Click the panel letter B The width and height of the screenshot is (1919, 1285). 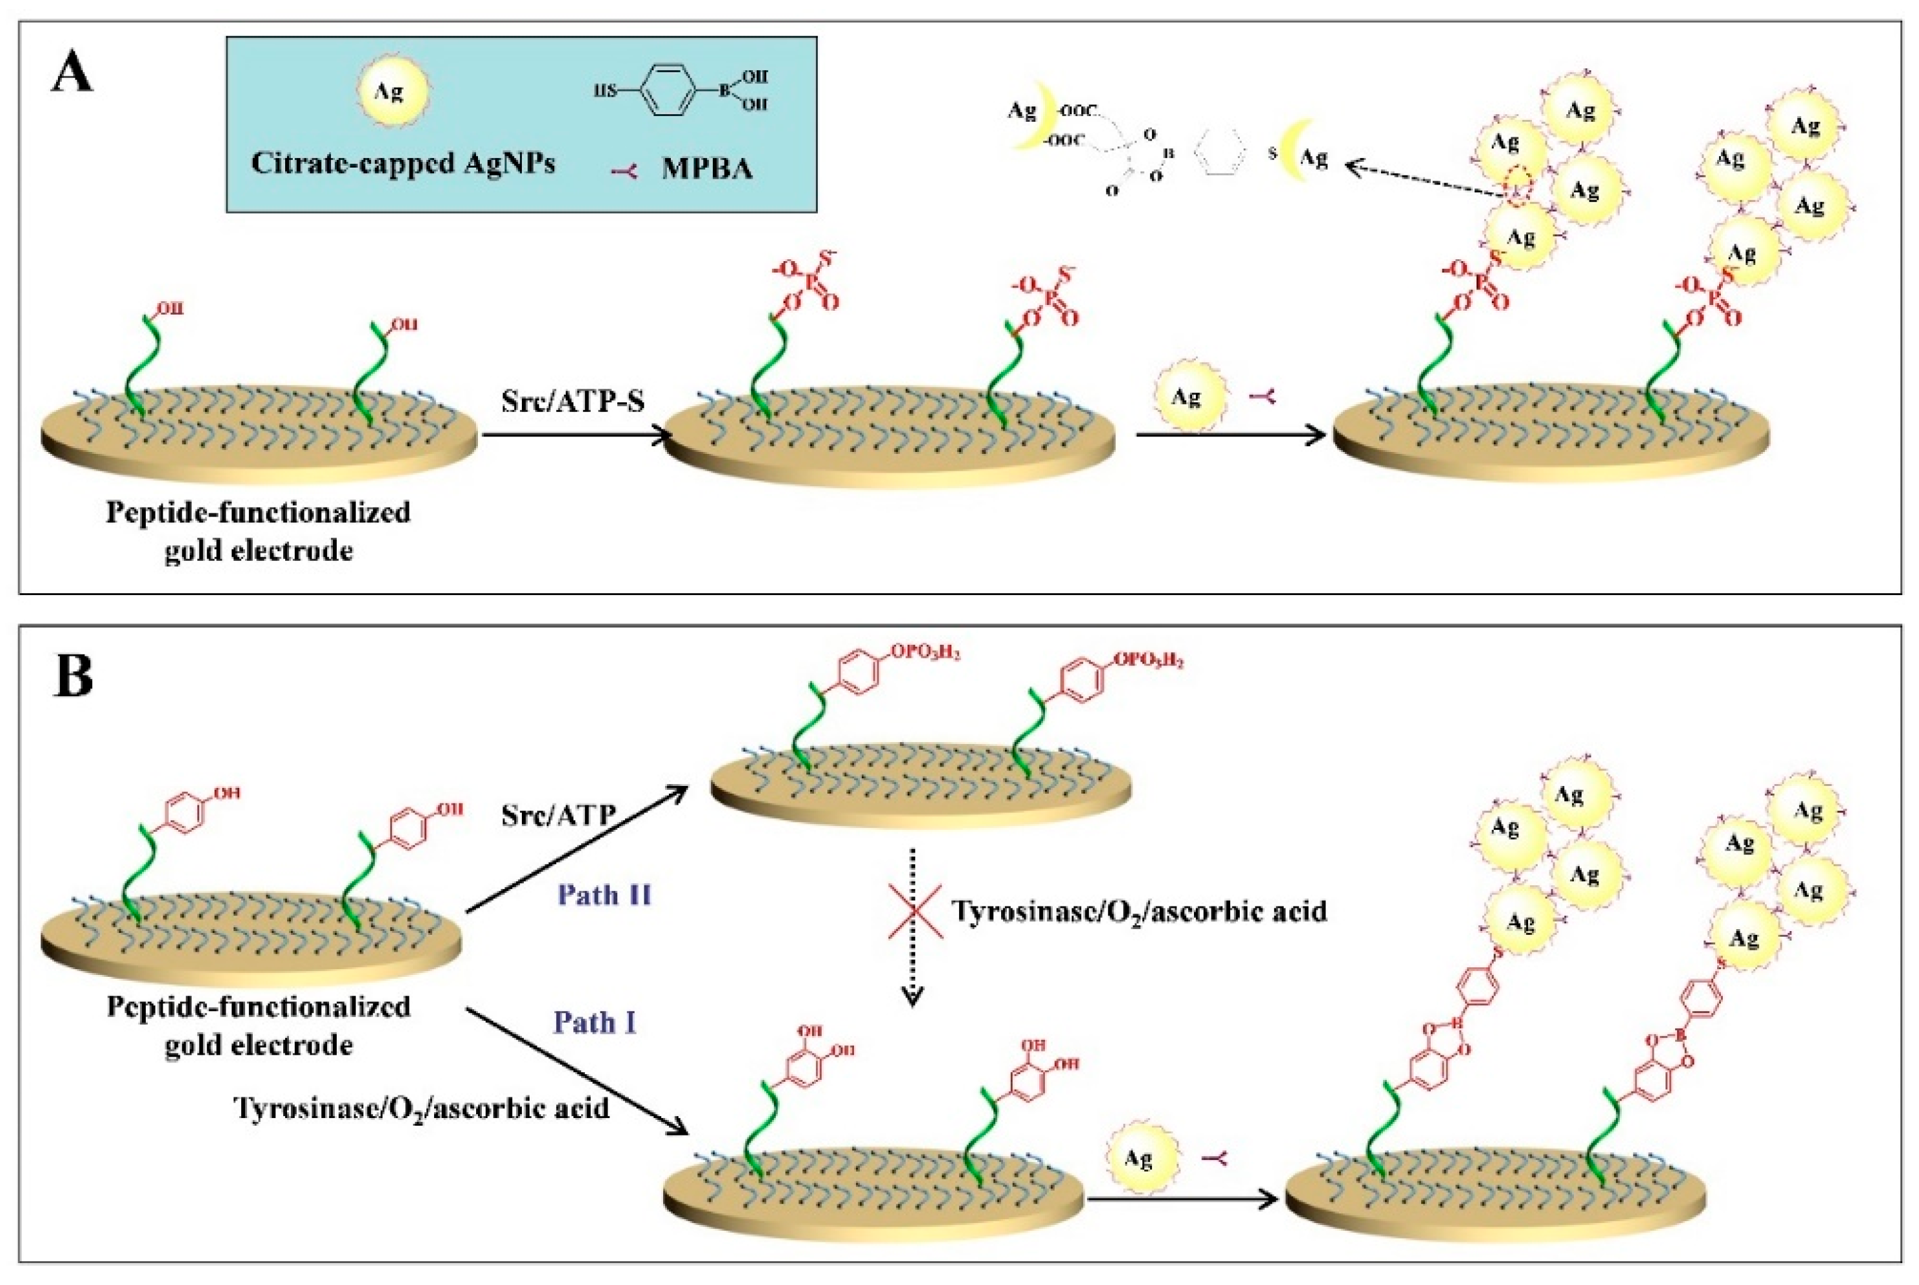[73, 677]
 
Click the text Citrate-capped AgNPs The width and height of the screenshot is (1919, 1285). [403, 163]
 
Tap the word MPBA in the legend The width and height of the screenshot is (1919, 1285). [706, 169]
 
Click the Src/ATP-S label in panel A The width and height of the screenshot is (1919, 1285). [573, 402]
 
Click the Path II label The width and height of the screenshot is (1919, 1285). [604, 895]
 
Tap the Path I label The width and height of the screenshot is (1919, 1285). [595, 1023]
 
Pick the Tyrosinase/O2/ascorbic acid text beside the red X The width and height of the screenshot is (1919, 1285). [1138, 910]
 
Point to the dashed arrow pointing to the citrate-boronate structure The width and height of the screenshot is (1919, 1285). [1426, 181]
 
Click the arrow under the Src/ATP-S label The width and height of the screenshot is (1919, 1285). [574, 435]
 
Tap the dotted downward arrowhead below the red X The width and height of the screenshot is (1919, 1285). [912, 995]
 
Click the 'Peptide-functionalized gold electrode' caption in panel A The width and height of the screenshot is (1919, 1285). [258, 531]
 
